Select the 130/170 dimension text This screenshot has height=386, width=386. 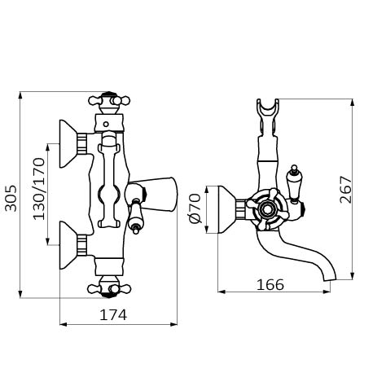coord(38,189)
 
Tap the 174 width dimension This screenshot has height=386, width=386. coord(113,315)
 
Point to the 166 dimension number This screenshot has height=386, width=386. coord(270,285)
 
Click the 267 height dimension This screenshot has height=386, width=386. coord(345,190)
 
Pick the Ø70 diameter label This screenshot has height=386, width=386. coord(195,208)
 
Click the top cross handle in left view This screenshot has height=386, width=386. coord(109,102)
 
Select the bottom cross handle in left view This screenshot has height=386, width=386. coord(109,287)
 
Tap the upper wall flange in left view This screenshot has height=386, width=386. coord(68,143)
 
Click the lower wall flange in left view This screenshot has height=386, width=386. coord(68,245)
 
